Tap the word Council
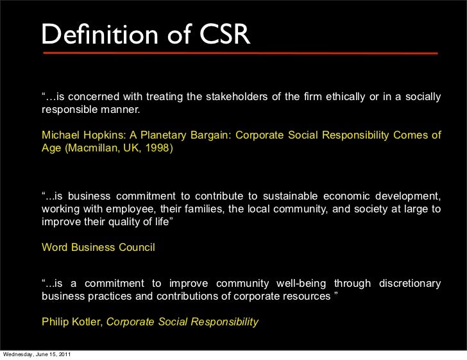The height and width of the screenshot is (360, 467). [x=135, y=247]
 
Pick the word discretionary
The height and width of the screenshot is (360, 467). [x=410, y=284]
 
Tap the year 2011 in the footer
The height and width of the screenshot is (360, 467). [x=63, y=355]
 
